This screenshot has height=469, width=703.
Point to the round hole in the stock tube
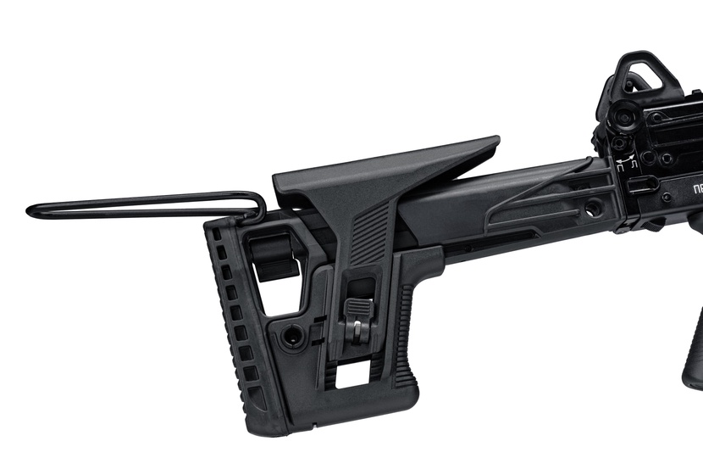pos(593,205)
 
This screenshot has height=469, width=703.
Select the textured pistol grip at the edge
pos(694,348)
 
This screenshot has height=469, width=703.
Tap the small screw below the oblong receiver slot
pos(667,198)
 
